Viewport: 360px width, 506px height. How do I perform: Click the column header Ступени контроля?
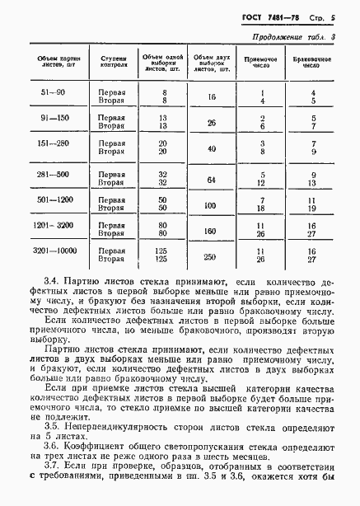113,63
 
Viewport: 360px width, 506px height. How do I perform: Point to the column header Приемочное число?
261,63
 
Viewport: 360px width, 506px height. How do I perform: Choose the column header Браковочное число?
311,63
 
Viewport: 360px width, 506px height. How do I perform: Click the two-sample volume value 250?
212,255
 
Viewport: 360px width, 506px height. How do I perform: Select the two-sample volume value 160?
212,231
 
